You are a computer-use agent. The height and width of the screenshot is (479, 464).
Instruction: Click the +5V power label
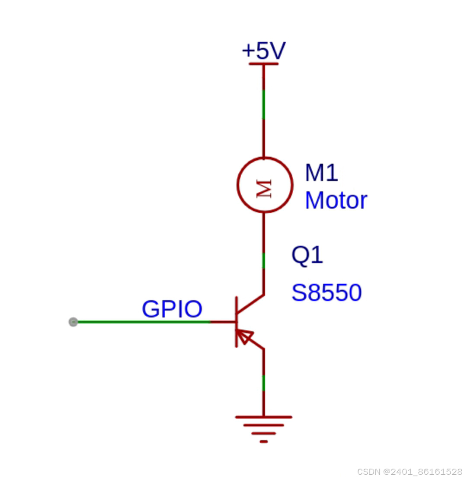click(263, 51)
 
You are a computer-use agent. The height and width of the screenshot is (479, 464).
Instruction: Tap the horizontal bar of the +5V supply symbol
click(263, 64)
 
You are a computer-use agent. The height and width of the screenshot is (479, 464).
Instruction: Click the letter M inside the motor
click(264, 189)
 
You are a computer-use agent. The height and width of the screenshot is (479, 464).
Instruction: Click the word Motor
click(336, 201)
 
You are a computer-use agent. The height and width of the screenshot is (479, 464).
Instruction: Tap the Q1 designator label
click(307, 255)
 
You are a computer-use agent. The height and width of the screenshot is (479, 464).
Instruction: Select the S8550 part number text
click(326, 293)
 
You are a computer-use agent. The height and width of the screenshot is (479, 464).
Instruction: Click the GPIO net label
click(172, 309)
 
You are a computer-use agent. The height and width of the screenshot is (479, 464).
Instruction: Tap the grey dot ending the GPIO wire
click(73, 322)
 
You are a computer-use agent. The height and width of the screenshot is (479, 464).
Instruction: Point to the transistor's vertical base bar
click(236, 322)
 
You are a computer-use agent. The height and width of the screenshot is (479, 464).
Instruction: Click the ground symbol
click(263, 428)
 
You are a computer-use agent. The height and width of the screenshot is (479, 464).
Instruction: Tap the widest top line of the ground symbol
click(263, 417)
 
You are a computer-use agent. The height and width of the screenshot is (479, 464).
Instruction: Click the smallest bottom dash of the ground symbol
click(263, 441)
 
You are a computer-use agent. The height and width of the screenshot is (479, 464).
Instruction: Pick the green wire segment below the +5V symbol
click(263, 105)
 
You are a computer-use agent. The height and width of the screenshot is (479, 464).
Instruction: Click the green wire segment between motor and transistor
click(263, 260)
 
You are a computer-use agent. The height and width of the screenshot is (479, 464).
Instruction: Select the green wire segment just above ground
click(263, 383)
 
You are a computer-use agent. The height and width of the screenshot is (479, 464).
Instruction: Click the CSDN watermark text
click(410, 471)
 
